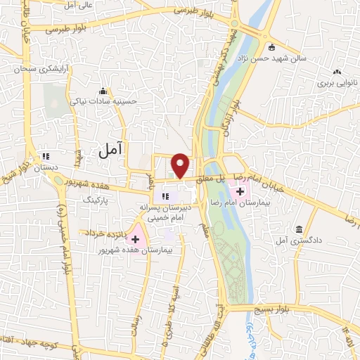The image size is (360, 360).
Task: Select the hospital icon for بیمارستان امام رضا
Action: tap(240, 191)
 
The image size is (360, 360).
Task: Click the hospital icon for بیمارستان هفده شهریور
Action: tap(136, 240)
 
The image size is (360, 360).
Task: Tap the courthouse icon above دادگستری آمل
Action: tap(300, 230)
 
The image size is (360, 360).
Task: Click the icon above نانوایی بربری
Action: tap(337, 72)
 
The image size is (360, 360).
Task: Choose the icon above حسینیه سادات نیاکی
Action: tap(103, 91)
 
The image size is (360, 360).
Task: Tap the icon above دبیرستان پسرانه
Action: tap(166, 196)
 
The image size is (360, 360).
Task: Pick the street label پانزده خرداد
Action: tap(102, 232)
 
